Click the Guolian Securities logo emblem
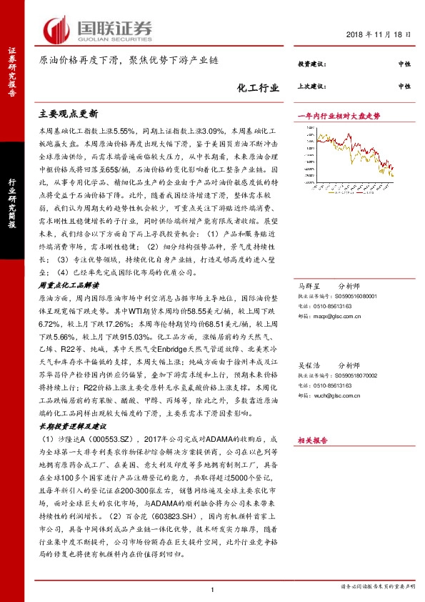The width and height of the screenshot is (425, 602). point(57,29)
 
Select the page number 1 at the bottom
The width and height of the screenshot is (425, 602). point(213,588)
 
